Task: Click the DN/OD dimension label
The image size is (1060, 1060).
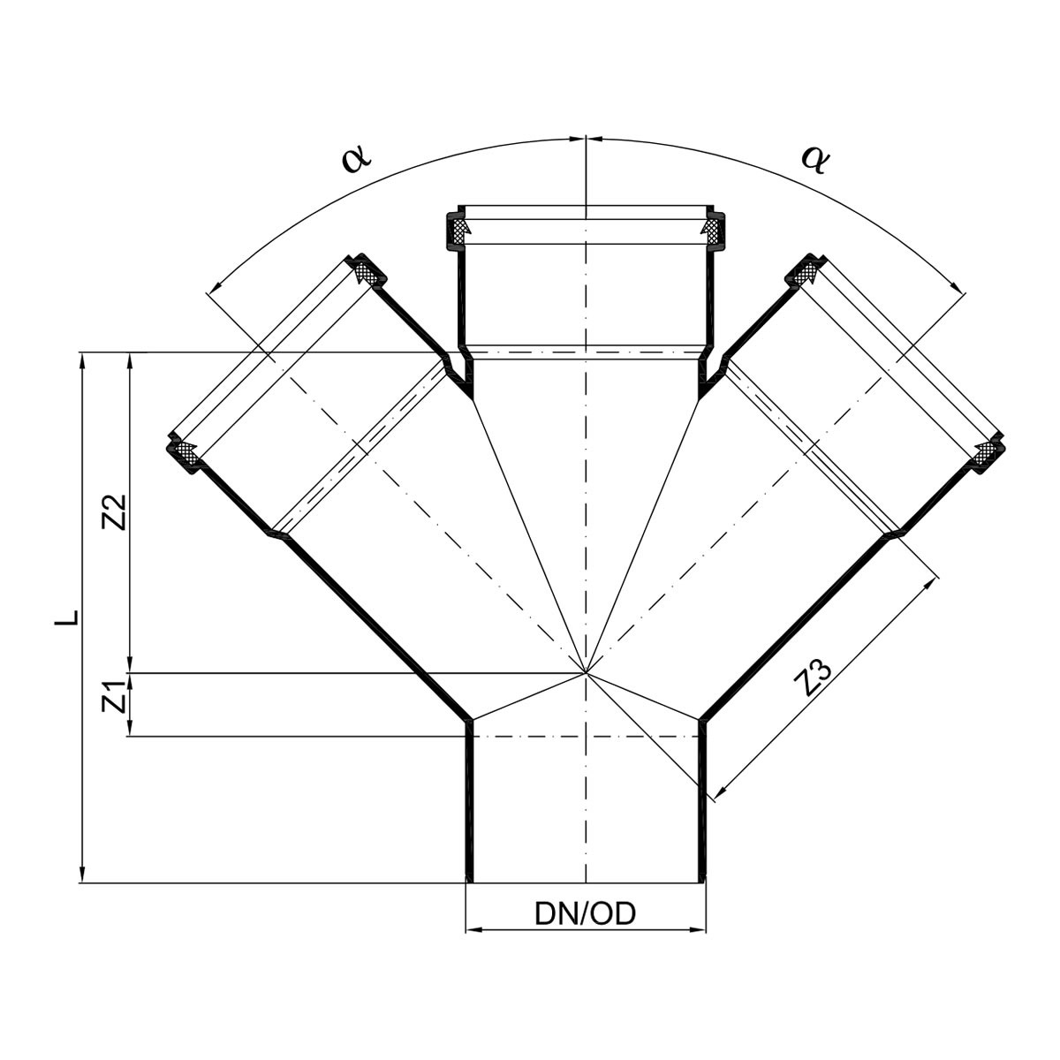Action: (585, 914)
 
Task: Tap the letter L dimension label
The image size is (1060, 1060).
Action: (66, 617)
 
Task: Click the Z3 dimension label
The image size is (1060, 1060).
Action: (814, 678)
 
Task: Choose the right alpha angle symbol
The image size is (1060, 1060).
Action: (814, 159)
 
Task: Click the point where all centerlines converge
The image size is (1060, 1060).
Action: (587, 672)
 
